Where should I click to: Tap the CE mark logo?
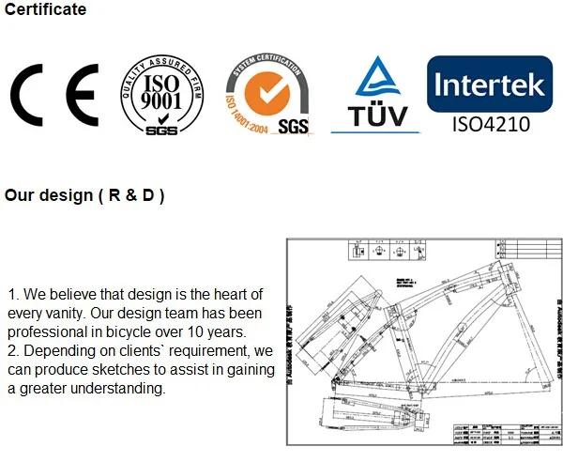pos(53,97)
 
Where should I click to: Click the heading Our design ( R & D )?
pos(84,196)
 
